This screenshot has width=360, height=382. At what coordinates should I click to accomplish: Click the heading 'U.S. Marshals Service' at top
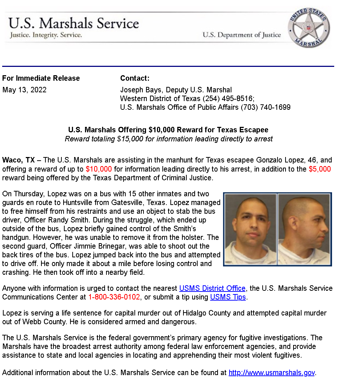tap(74, 23)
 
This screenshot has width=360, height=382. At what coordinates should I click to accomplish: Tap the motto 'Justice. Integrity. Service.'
tap(45, 35)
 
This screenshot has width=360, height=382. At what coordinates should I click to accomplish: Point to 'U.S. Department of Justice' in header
tap(242, 35)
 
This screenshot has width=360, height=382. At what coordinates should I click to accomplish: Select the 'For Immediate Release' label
tap(41, 78)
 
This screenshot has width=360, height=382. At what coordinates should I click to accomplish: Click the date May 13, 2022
tap(24, 90)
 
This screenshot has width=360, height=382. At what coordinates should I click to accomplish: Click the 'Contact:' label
tap(135, 78)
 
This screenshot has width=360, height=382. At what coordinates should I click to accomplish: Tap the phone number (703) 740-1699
tap(266, 107)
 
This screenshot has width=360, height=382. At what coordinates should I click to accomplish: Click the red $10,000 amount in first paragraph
tap(99, 169)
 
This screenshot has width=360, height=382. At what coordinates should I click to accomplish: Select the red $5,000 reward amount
tap(320, 169)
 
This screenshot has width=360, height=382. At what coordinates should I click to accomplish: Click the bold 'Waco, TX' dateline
tap(19, 160)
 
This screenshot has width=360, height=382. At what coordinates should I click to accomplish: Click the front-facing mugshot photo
tap(251, 229)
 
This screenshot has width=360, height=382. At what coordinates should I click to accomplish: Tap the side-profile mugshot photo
tap(304, 229)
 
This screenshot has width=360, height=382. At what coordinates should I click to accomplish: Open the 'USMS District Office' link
tap(213, 288)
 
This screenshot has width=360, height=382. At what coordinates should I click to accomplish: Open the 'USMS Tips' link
tap(228, 297)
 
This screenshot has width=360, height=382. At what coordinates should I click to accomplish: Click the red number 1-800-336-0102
tap(114, 297)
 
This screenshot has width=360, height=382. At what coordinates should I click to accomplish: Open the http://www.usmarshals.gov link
tap(272, 373)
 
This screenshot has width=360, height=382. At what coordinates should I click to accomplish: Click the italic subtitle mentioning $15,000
tap(169, 139)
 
